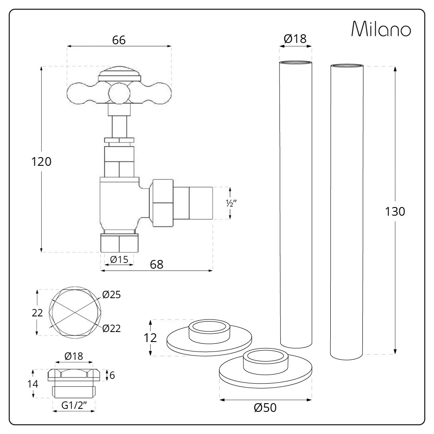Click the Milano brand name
[x=381, y=29]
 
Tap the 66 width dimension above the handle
[x=118, y=40]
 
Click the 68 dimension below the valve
[x=157, y=264]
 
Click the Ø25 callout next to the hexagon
[x=112, y=295]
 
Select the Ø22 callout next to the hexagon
[x=112, y=328]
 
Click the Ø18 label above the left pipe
[x=295, y=39]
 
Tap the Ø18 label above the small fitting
[x=73, y=356]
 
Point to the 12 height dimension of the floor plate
[x=150, y=338]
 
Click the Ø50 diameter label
[x=265, y=408]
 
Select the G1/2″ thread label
[x=73, y=405]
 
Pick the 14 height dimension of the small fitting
[x=33, y=384]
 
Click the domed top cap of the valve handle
[x=119, y=74]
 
